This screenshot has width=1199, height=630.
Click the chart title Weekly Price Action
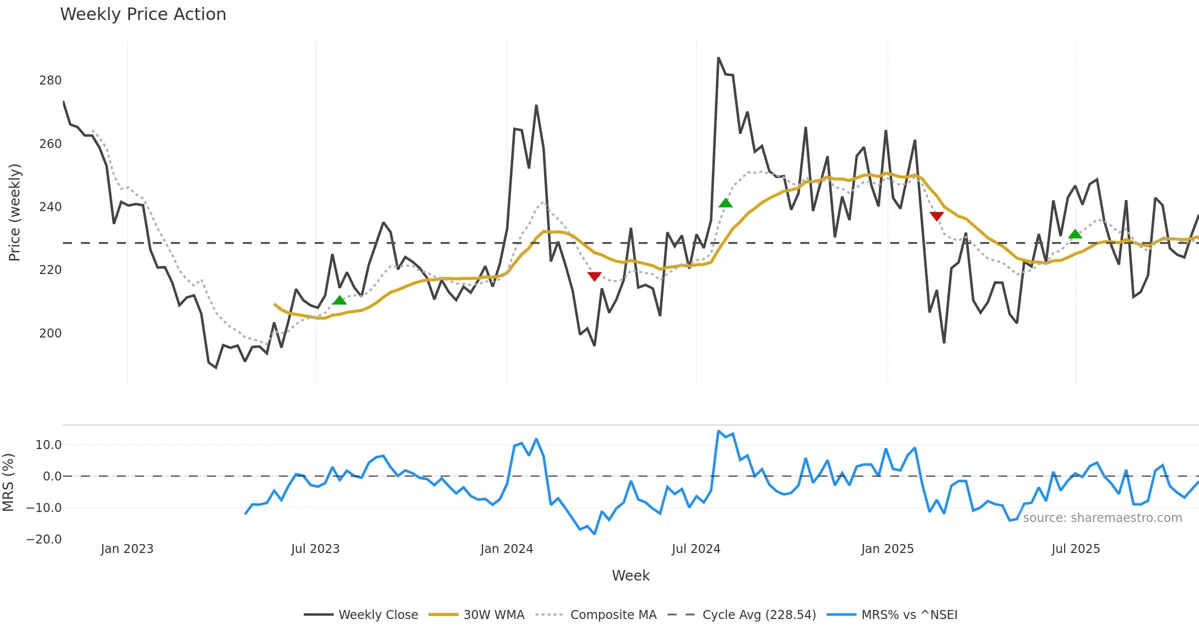pyautogui.click(x=143, y=14)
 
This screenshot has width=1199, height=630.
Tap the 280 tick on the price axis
pyautogui.click(x=50, y=80)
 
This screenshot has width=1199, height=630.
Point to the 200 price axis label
pyautogui.click(x=50, y=333)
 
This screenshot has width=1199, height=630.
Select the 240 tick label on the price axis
pyautogui.click(x=50, y=207)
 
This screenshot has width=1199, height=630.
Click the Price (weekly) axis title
pyautogui.click(x=15, y=212)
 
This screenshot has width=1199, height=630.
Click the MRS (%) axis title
pyautogui.click(x=8, y=482)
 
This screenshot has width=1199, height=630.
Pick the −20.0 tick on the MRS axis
pyautogui.click(x=44, y=539)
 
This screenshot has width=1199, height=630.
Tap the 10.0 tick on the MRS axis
pyautogui.click(x=48, y=445)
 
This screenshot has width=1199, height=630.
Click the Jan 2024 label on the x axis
pyautogui.click(x=507, y=549)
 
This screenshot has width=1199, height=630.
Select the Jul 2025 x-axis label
pyautogui.click(x=1076, y=549)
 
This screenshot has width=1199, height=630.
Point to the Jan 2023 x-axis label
pyautogui.click(x=127, y=549)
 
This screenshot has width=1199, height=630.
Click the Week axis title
pyautogui.click(x=630, y=576)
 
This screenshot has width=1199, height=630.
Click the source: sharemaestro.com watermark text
pyautogui.click(x=1103, y=518)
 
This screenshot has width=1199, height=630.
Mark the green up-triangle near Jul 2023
pyautogui.click(x=340, y=300)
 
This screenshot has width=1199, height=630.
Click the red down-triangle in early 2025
pyautogui.click(x=937, y=216)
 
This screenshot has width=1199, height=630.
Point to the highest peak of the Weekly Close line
pyautogui.click(x=718, y=58)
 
